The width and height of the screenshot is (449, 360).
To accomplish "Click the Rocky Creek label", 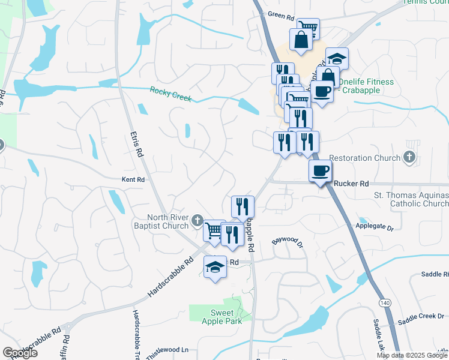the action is (170, 94).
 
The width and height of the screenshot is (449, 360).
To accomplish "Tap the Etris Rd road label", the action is (139, 145).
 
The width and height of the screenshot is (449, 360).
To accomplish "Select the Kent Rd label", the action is (133, 179).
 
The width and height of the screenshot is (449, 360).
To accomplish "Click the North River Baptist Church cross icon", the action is (197, 223).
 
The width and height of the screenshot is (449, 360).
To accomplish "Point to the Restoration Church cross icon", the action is (409, 158).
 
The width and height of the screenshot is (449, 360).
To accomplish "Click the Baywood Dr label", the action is (288, 242).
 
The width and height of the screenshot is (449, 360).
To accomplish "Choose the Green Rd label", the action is (279, 14).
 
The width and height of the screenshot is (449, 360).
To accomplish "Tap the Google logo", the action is (20, 353).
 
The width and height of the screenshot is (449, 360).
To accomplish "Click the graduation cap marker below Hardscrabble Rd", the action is (215, 267).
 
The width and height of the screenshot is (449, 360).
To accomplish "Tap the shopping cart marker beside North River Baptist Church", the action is (214, 230).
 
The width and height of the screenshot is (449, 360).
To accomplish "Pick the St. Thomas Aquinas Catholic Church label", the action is (411, 200).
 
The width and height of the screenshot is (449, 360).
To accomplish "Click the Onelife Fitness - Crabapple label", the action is (366, 86).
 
